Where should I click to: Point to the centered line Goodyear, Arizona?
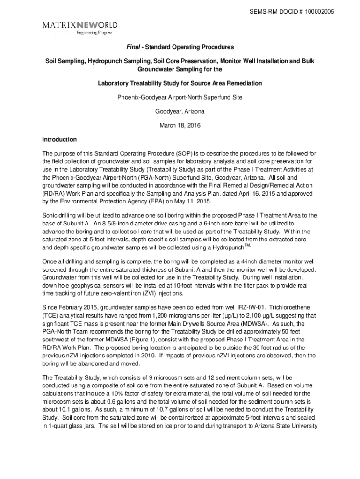[180, 112]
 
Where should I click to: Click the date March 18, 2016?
[180, 126]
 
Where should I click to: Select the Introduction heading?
[59, 140]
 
